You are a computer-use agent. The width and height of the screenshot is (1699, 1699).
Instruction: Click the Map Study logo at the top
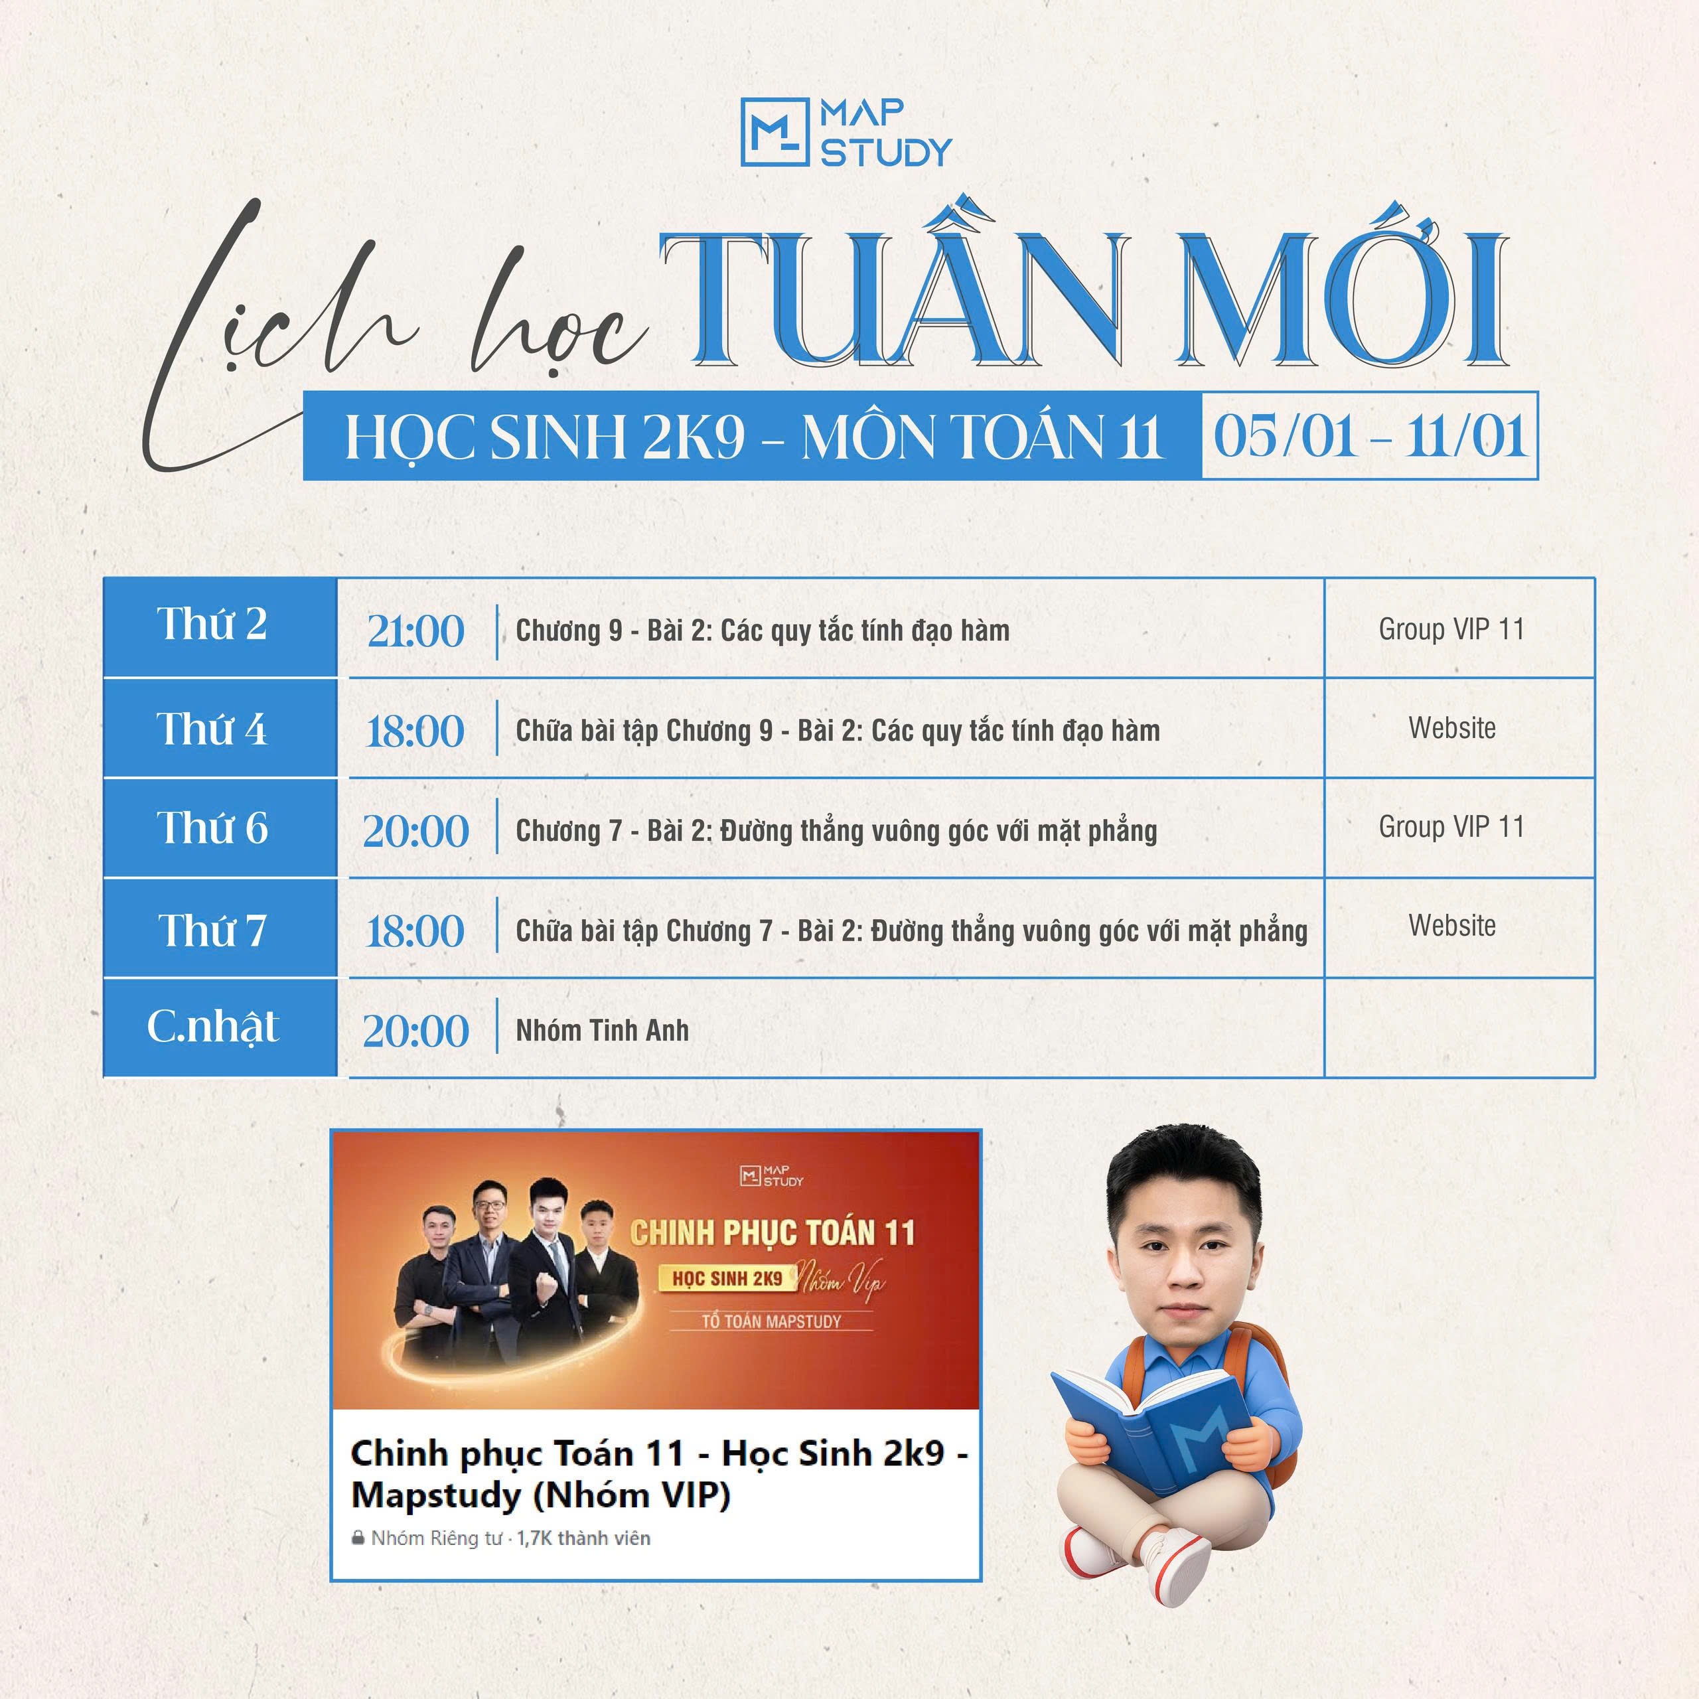point(846,133)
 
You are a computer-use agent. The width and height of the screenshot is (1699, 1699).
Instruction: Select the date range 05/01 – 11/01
point(1370,436)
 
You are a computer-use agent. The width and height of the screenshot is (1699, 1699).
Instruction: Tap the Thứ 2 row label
point(212,625)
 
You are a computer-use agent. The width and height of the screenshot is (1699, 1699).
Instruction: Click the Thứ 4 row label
point(212,729)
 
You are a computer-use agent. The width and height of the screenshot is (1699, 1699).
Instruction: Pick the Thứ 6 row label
point(212,828)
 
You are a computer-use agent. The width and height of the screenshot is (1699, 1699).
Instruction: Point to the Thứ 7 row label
point(212,930)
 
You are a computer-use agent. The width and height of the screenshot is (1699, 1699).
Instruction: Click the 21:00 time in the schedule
point(415,631)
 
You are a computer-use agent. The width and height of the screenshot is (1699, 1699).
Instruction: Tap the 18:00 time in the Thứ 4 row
point(414,731)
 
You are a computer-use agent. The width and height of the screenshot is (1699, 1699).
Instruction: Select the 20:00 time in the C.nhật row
point(416,1031)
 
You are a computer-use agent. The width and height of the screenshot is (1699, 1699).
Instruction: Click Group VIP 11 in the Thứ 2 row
point(1451,628)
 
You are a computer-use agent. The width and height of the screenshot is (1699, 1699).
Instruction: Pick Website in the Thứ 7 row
point(1452,925)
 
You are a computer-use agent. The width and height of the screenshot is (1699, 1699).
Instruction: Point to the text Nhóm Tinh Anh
point(603,1031)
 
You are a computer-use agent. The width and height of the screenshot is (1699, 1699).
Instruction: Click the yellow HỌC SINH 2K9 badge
point(727,1279)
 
